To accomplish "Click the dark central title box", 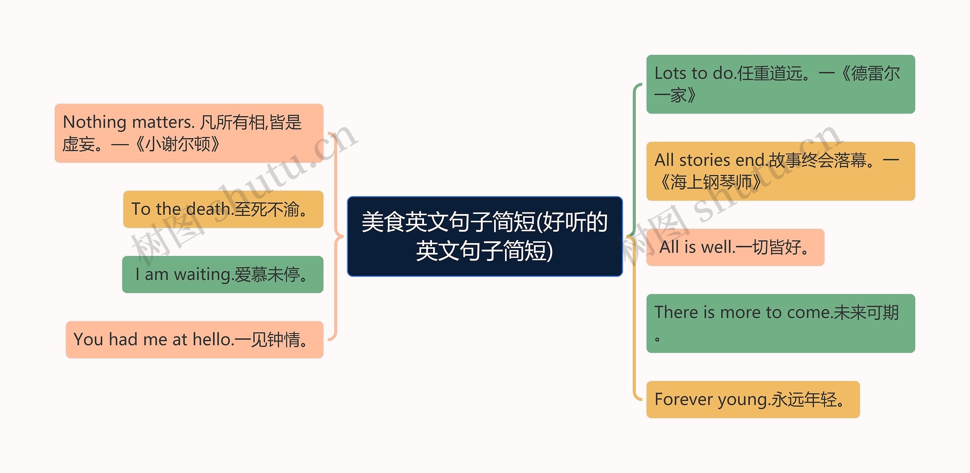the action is point(485,236).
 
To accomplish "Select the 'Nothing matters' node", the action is point(189,133).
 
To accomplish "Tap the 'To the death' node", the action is point(223,209).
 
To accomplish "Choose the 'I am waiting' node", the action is point(223,275).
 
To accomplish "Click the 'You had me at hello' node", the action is point(195,339).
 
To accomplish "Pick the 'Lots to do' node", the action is point(781,84).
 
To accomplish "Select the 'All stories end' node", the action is point(781,171).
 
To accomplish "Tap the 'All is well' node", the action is point(735,247).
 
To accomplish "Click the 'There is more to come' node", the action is point(781,323).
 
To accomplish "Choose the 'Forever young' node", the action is point(753,399).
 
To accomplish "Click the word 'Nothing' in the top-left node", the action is point(94,123).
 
